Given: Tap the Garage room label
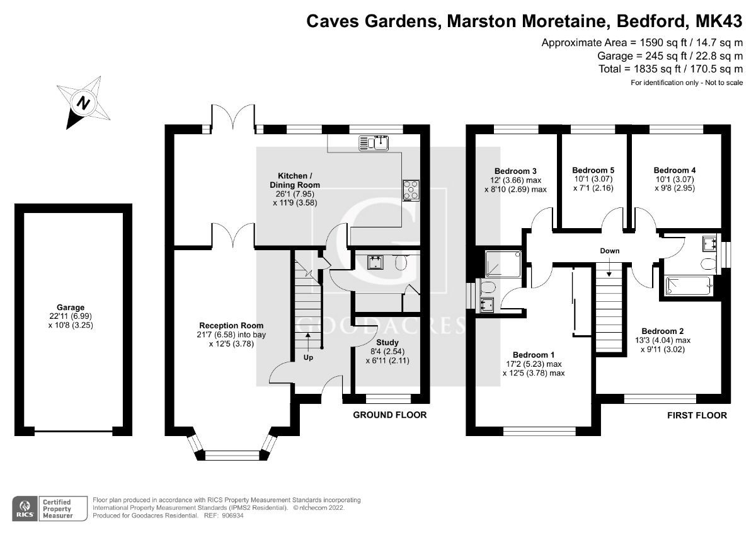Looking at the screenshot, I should tap(69, 308).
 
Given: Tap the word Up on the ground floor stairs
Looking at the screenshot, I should tap(308, 357).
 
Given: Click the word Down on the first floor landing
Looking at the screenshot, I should tap(609, 251).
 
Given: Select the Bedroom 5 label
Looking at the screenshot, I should tap(593, 170).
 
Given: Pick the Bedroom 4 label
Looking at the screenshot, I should tap(675, 170).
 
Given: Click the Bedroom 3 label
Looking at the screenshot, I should tap(515, 171).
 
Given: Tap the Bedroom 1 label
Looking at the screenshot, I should tap(534, 354).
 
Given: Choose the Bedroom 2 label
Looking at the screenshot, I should tap(662, 331).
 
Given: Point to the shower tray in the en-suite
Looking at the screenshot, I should tap(503, 264).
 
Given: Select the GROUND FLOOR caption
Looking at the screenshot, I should tap(389, 415).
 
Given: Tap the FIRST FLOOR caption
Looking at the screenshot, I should tap(697, 415).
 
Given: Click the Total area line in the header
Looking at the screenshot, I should tap(671, 69).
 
